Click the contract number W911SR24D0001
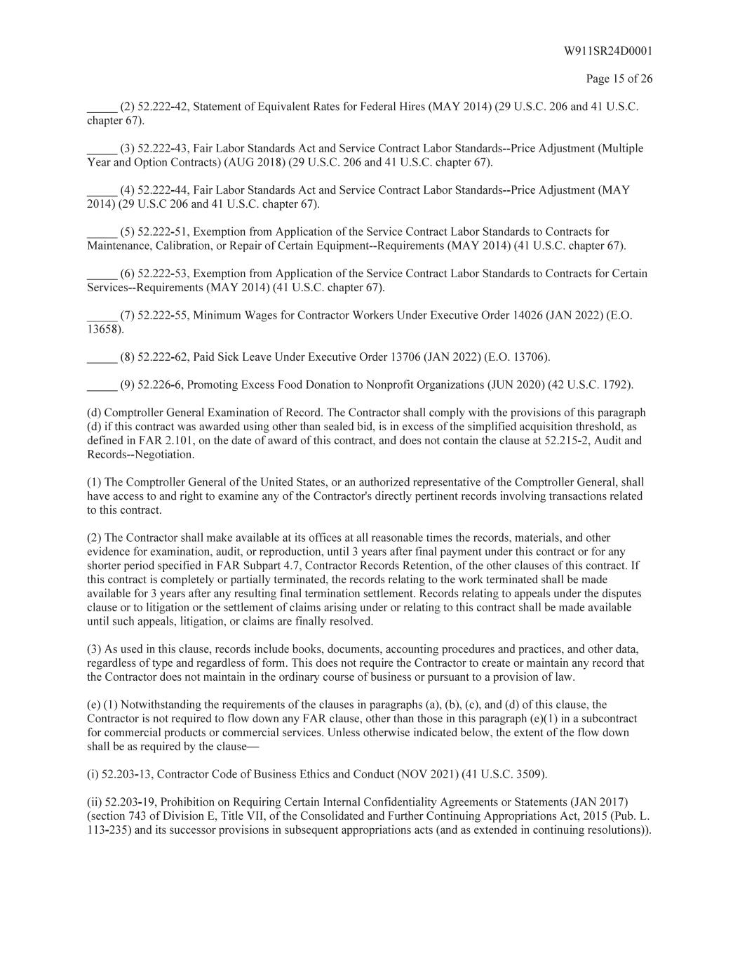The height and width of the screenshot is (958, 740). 607,51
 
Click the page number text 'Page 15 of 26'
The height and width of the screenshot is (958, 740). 619,79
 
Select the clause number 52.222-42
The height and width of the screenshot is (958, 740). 162,107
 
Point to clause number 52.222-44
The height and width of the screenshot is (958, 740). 162,190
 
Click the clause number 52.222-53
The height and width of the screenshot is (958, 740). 162,274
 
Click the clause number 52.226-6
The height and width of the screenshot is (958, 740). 159,385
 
